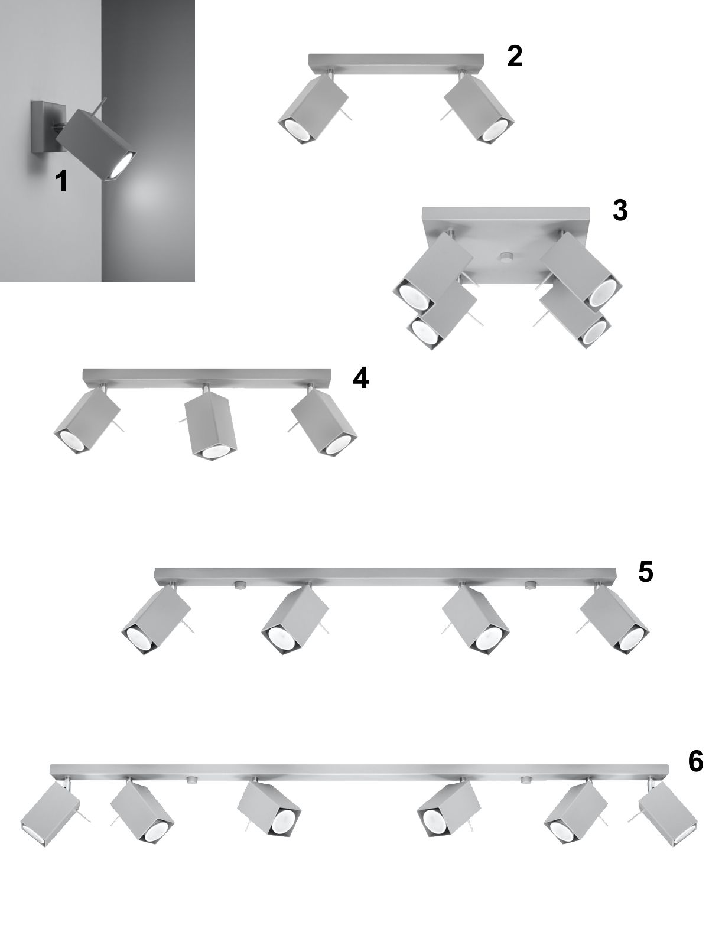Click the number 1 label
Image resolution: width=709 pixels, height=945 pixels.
62,181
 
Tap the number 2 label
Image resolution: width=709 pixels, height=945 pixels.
515,56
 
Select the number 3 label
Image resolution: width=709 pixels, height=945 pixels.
620,210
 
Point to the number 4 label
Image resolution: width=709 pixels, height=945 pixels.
360,378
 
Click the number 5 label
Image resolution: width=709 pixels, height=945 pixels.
646,572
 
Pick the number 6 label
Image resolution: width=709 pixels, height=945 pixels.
695,761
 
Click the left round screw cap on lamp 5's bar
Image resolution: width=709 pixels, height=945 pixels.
239,584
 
